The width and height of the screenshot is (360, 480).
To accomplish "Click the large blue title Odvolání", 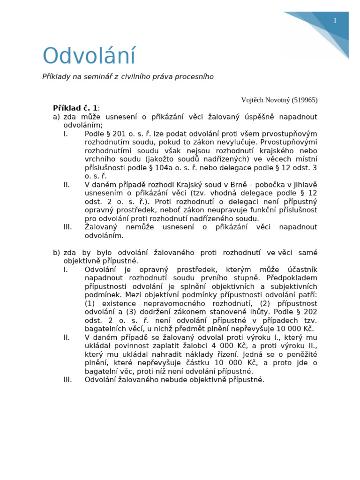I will tap(89, 56).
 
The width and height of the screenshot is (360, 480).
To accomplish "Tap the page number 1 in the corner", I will tap(335, 21).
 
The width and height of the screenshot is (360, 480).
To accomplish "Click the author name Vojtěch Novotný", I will tap(265, 100).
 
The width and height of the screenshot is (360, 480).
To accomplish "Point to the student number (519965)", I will tap(304, 100).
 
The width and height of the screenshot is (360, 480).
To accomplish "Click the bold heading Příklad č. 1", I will tap(75, 108).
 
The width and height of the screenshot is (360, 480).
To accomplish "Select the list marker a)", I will tap(56, 117).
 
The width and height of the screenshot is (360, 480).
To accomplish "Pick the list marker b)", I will tap(56, 253).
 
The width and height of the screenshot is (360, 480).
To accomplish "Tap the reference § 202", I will tap(306, 312).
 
